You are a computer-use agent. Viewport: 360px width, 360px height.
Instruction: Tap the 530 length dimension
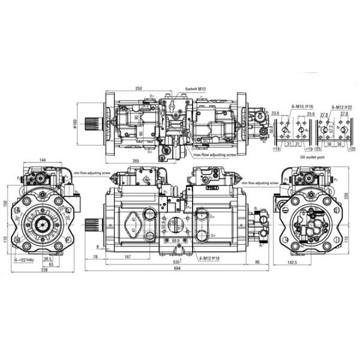pos(175,263)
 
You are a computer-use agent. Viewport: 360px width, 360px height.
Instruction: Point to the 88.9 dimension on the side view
pos(176,240)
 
